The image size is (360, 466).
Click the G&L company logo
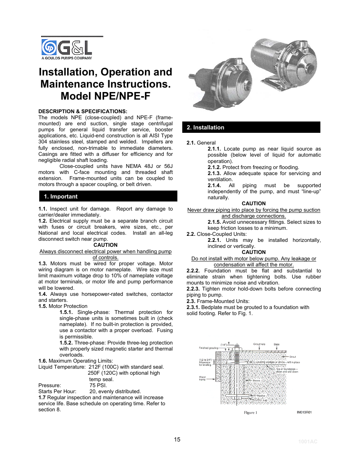pyautogui.click(x=66, y=48)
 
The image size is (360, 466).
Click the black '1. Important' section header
pyautogui.click(x=108, y=196)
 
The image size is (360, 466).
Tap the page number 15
pyautogui.click(x=177, y=440)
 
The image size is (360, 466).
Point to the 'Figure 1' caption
pyautogui.click(x=251, y=412)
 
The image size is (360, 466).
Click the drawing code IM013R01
pyautogui.click(x=304, y=412)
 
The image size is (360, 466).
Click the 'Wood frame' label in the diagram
pyautogui.click(x=203, y=378)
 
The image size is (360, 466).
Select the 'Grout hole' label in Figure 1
pyautogui.click(x=259, y=344)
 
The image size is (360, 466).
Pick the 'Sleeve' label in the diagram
pyautogui.click(x=256, y=380)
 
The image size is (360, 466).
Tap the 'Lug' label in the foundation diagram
pyautogui.click(x=265, y=400)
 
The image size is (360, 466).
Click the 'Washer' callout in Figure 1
pyautogui.click(x=261, y=396)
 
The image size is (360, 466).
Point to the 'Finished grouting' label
pyautogui.click(x=209, y=348)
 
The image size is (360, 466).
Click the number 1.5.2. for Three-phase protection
pyautogui.click(x=66, y=343)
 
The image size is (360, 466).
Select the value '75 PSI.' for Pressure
pyautogui.click(x=98, y=385)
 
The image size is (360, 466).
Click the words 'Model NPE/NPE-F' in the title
pyautogui.click(x=105, y=96)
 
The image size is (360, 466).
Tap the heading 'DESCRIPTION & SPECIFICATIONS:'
pyautogui.click(x=83, y=111)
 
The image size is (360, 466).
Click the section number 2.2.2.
pyautogui.click(x=193, y=271)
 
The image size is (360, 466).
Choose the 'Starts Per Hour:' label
pyautogui.click(x=57, y=391)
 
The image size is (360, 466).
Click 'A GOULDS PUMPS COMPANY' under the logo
pyautogui.click(x=67, y=58)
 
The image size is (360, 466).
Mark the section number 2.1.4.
pyautogui.click(x=214, y=185)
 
